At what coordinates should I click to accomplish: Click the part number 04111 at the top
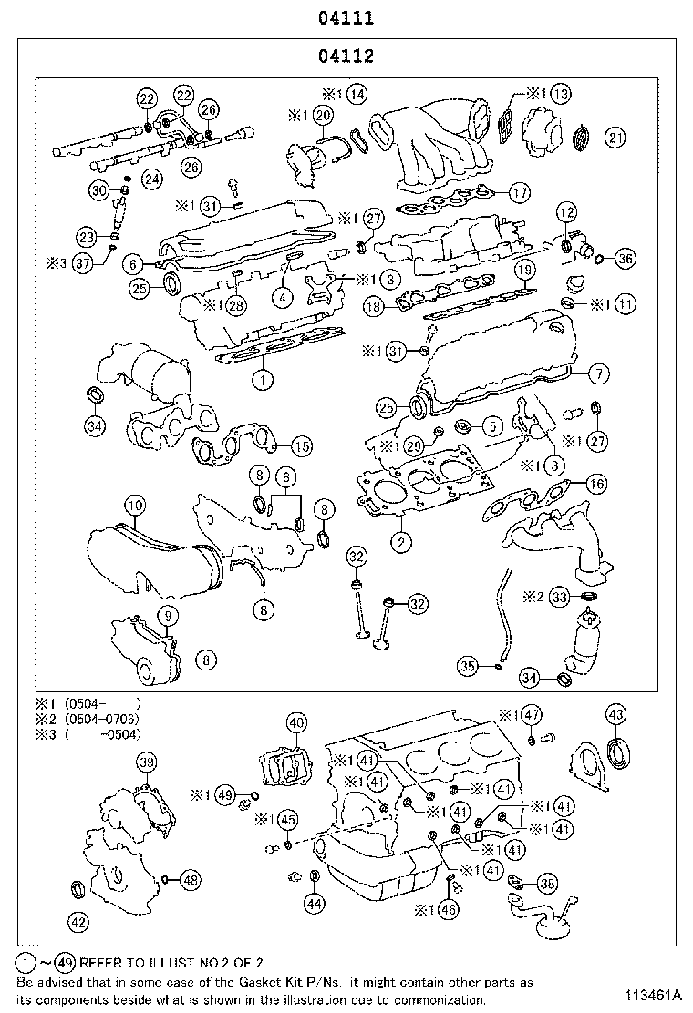point(346,17)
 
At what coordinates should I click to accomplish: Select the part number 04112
point(346,56)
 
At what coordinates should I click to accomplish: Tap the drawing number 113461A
point(654,992)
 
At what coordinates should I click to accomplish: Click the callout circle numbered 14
point(357,94)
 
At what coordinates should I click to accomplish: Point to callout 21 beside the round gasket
point(616,138)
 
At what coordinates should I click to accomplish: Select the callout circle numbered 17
point(519,192)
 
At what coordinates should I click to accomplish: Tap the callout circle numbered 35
point(466,668)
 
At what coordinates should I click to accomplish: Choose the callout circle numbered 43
point(616,713)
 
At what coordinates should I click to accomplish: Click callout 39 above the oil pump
point(146,762)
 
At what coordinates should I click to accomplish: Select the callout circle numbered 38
point(547,882)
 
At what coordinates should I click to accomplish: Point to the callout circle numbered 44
point(314,904)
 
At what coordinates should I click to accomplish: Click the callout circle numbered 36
point(625,260)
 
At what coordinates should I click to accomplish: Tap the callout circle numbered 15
point(300,446)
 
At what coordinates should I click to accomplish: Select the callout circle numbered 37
point(83,263)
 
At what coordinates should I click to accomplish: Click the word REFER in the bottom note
point(107,962)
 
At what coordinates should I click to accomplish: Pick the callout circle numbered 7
point(598,373)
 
